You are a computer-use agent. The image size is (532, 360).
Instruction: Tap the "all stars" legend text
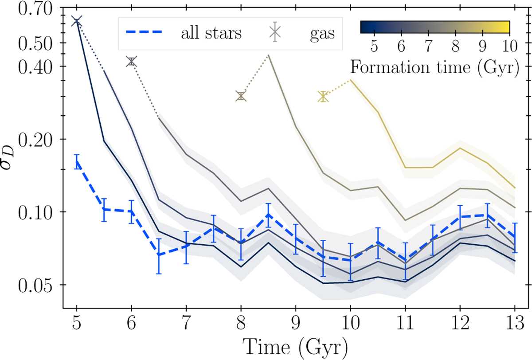[x=211, y=33]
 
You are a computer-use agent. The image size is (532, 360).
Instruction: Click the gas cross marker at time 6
[x=131, y=62]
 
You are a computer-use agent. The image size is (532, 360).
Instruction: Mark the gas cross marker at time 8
[x=241, y=96]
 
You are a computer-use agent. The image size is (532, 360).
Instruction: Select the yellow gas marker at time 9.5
[x=323, y=97]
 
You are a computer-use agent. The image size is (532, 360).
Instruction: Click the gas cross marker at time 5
[x=77, y=21]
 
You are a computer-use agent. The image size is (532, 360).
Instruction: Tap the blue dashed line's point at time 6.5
[x=159, y=254]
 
